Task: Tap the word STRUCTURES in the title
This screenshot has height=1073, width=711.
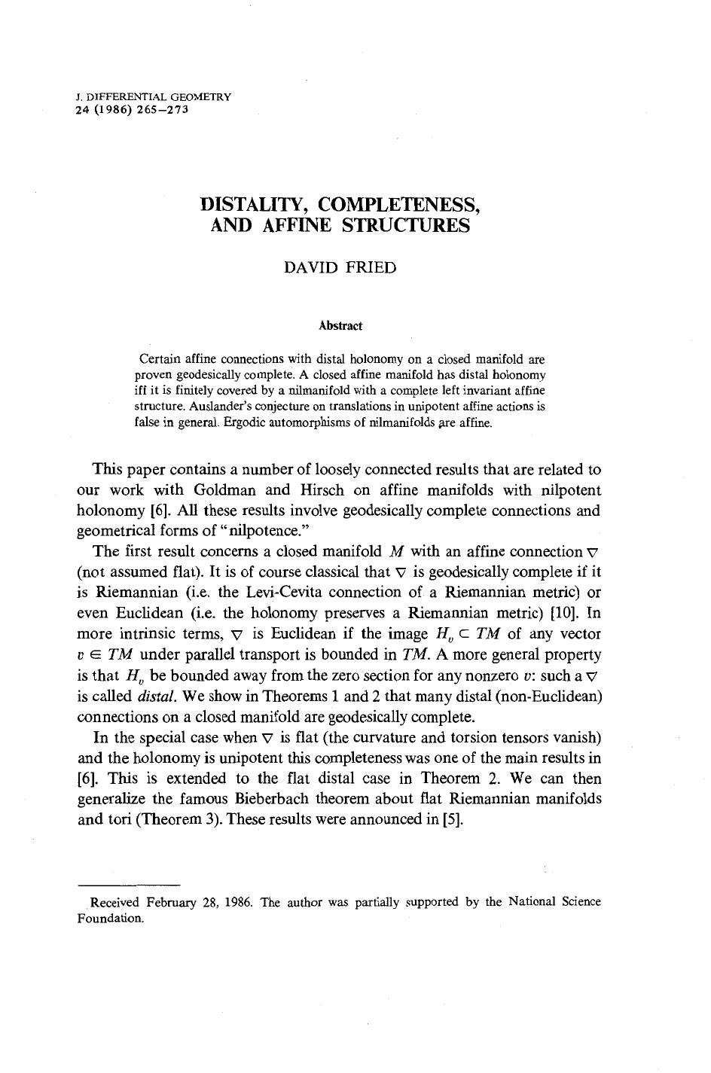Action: click(x=406, y=225)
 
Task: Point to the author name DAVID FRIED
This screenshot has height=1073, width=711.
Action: click(x=340, y=268)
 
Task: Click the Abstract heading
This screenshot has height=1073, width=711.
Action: click(x=340, y=326)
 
